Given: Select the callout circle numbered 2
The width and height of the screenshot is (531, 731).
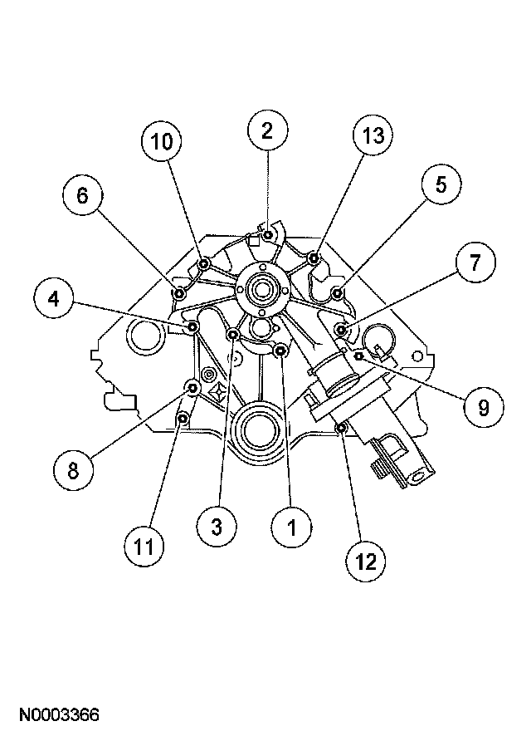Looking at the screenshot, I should point(267,130).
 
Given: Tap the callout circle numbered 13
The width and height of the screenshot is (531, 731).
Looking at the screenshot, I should point(373,136).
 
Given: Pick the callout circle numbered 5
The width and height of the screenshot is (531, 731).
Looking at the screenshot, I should point(439,186).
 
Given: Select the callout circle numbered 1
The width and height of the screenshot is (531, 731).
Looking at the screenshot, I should point(292,526).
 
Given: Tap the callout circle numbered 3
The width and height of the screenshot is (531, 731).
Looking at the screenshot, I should point(218,526).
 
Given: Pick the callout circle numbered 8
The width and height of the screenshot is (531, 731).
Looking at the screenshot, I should point(73,470).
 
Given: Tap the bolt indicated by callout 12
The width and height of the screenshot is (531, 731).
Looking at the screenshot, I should point(341,428).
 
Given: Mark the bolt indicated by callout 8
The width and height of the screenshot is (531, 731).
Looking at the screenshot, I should point(192,387).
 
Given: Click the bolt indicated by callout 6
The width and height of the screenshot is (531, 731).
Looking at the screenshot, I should point(179,292).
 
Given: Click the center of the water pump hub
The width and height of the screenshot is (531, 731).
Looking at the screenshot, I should point(261,290).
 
